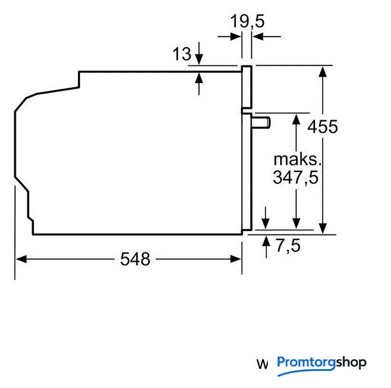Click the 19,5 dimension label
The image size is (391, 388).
[x=247, y=22]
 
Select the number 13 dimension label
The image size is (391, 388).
[x=182, y=54]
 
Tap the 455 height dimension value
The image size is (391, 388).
[x=322, y=126]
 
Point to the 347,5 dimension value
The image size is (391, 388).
[x=296, y=177]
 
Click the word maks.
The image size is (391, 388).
[x=297, y=159]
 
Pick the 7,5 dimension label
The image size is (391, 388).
[x=288, y=246]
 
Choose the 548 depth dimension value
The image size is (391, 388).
[x=135, y=259]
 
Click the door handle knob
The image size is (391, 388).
[x=261, y=123]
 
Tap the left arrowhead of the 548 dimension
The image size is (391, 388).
[x=22, y=259]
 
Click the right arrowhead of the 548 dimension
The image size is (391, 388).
[x=236, y=259]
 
